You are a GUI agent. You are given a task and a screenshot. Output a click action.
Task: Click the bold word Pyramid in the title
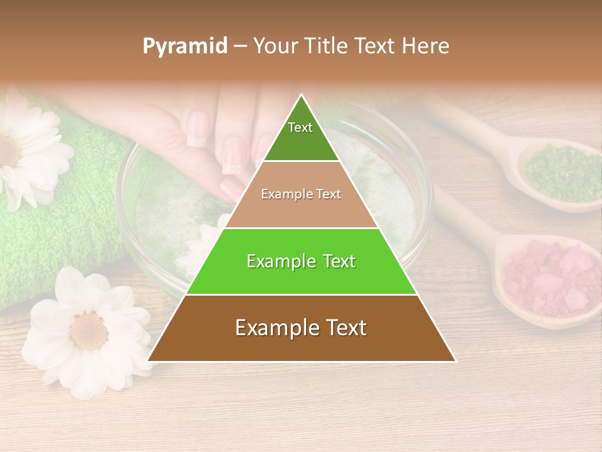pos(185,46)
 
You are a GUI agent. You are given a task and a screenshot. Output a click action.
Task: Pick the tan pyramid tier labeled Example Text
pos(301,195)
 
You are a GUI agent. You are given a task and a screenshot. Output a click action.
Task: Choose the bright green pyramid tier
pos(301,261)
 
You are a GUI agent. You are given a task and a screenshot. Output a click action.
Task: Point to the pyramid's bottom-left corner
pos(149,361)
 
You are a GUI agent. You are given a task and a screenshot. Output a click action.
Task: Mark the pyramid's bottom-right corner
pos(455,361)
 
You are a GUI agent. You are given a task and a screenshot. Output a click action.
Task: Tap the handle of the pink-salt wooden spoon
pos(464,213)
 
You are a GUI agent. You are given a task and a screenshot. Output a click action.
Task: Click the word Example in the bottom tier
pos(273,328)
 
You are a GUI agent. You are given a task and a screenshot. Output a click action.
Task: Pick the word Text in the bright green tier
pos(335,261)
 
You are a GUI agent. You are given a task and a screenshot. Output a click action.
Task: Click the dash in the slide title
pos(240,46)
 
